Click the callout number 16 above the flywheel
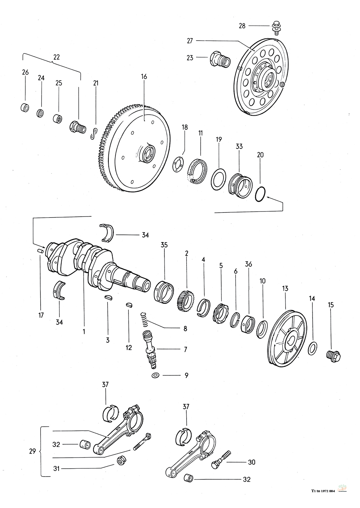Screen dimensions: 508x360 (x=144, y=77)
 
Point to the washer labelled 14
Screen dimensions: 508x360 (x=313, y=348)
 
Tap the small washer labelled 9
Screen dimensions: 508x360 (x=156, y=375)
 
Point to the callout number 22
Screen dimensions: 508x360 (x=57, y=57)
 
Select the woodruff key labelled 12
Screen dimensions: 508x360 (x=129, y=305)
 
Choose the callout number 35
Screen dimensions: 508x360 (x=164, y=245)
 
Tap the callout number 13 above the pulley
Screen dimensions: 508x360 (x=285, y=288)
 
